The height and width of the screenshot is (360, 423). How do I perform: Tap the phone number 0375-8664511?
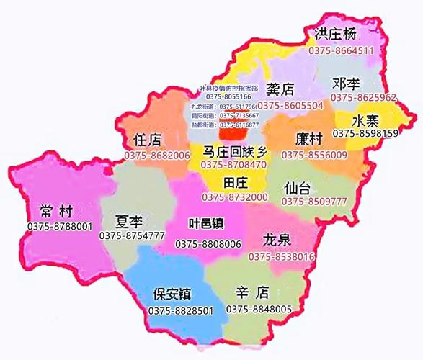pos(342,51)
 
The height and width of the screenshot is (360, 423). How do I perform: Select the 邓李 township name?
pos(349,83)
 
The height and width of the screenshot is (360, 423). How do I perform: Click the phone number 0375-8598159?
pos(365,133)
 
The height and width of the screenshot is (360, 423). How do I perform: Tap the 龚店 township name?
pos(280,90)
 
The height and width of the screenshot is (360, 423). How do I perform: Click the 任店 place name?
pos(148,140)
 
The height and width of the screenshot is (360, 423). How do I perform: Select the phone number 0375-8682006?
pos(156,155)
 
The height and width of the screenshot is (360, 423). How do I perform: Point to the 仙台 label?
pos(298,188)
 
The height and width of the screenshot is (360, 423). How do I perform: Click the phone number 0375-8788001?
pos(60,227)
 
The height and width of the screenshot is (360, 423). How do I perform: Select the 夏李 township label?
pos(132,220)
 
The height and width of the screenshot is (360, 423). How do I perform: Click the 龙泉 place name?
pos(278,240)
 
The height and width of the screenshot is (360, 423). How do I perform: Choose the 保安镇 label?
pos(172,294)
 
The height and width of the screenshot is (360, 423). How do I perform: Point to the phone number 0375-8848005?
pos(259,310)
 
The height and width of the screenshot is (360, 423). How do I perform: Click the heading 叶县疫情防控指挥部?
pos(228,88)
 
